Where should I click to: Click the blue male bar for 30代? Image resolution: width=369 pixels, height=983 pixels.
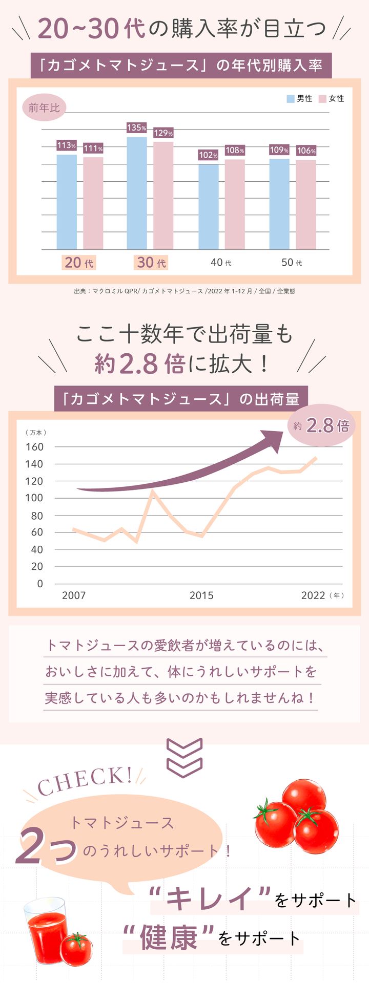[x=137, y=193]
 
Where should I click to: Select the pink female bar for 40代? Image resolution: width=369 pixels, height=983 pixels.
[x=235, y=204]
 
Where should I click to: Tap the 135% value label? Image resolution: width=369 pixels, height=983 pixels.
[x=137, y=128]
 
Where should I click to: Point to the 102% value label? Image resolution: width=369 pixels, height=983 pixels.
[x=208, y=155]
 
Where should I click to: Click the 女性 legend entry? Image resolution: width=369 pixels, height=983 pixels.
[x=332, y=99]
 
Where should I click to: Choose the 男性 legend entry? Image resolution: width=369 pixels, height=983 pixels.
[x=299, y=99]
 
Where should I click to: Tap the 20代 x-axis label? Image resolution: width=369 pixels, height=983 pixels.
[x=79, y=263]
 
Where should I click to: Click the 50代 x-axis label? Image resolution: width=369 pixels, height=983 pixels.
[x=292, y=263]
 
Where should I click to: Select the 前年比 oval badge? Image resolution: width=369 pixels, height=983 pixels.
[x=44, y=108]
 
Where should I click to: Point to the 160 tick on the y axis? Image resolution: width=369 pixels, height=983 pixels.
[x=34, y=447]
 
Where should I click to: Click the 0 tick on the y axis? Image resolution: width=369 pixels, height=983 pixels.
[x=39, y=584]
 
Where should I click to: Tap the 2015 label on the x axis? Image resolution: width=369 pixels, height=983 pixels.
[x=201, y=595]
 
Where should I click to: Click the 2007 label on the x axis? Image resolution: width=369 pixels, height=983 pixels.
[x=74, y=595]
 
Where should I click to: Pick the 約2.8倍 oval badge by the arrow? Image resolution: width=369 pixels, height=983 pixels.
[x=322, y=426]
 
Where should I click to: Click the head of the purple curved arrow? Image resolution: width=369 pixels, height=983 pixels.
[x=272, y=440]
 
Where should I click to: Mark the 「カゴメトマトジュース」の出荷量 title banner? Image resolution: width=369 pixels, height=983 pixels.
[x=181, y=399]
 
